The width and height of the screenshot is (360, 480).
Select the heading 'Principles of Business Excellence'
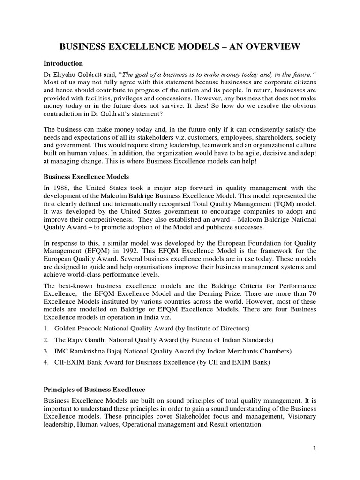(94, 390)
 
